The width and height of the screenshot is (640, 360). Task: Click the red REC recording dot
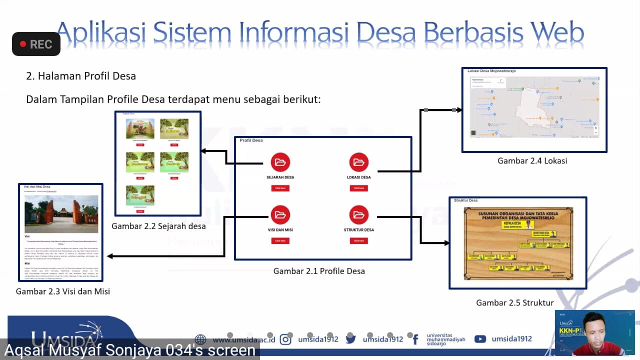coord(22,44)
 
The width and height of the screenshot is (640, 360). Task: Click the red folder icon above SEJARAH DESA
coord(280,162)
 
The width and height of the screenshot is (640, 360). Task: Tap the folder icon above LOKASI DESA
coord(358,162)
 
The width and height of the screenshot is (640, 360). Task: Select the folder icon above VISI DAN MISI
coord(280,215)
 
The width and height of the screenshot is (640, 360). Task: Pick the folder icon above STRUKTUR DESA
coord(358,215)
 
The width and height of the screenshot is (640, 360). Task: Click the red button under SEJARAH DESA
coord(280,188)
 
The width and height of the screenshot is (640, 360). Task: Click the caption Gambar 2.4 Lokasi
coord(532,161)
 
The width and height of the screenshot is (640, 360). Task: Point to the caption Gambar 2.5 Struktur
coord(514,303)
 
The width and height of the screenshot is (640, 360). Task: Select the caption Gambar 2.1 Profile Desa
coord(319,271)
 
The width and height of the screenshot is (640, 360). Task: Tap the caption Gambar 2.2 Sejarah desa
coord(158,226)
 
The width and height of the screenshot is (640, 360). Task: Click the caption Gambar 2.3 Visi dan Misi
coord(63,291)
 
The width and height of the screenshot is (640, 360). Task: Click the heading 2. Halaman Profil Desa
coord(81,76)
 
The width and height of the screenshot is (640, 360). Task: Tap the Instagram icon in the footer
coord(285,339)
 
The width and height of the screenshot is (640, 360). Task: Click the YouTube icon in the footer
coord(480,339)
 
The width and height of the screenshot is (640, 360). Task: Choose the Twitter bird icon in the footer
coord(350,339)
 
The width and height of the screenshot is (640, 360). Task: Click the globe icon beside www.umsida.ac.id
coord(200,339)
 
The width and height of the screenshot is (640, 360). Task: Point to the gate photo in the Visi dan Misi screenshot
coord(61,214)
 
